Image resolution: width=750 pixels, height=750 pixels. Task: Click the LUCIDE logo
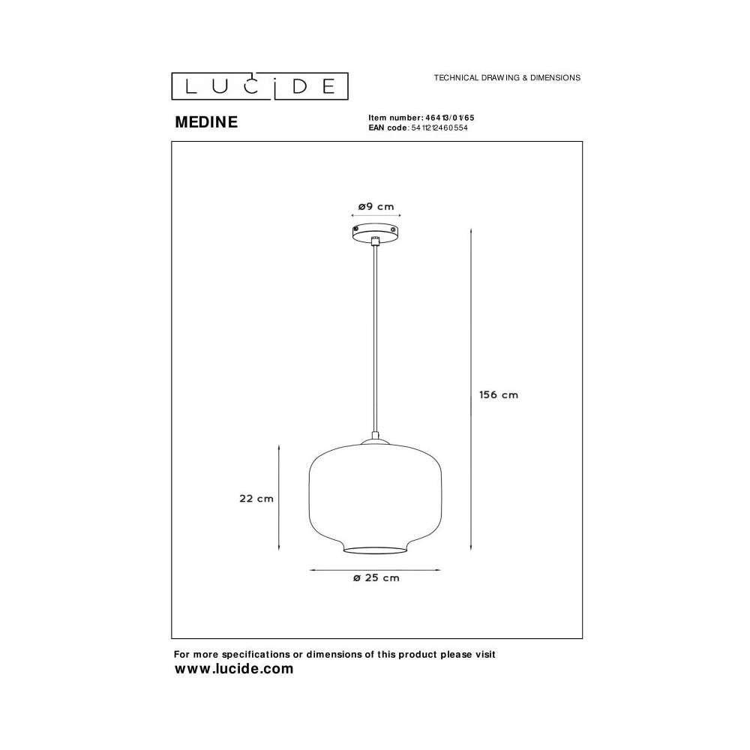tap(259, 86)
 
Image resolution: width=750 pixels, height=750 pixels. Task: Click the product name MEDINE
tap(206, 122)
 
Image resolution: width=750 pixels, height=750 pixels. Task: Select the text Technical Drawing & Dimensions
tap(507, 77)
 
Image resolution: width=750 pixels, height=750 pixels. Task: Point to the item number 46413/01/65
tap(449, 118)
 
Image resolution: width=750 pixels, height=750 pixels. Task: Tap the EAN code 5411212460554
tap(439, 127)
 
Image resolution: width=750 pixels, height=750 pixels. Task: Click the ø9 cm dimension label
tap(376, 207)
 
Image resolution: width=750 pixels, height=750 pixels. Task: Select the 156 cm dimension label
tap(499, 394)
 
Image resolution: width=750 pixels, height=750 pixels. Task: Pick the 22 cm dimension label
tap(256, 499)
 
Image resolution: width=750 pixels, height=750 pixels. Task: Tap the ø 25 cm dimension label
tap(376, 577)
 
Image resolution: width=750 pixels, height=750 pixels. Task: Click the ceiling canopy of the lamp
tap(376, 233)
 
